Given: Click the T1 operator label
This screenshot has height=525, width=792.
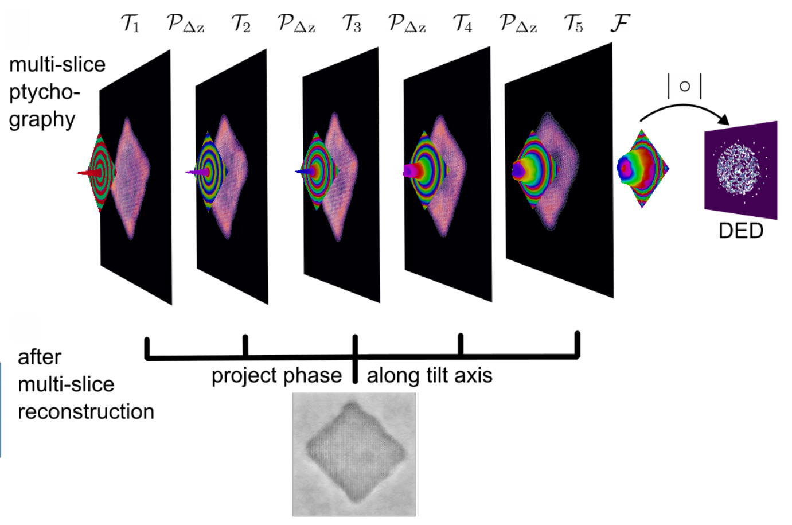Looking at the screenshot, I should pos(130,24).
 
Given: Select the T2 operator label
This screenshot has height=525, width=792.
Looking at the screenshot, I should pos(241,24).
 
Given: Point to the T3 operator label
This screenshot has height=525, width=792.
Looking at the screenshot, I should pos(352,24).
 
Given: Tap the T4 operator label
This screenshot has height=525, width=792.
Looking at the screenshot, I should pos(462,24).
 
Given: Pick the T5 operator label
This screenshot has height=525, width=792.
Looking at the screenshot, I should pos(573,24).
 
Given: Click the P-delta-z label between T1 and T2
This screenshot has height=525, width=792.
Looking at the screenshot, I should pos(185,24).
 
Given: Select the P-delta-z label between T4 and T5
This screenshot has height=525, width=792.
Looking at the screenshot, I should pos(518,24).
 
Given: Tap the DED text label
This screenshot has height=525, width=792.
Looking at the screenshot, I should pos(740,231).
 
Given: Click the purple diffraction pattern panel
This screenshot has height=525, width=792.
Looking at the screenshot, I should pos(740,169).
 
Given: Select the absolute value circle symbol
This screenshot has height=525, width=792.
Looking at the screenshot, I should pos(684,87).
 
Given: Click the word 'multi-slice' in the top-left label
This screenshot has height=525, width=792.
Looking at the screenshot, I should pos(57,64).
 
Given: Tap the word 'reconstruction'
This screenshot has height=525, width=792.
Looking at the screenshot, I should pos(86,411).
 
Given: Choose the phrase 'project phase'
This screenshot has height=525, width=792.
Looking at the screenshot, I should pos(276,375).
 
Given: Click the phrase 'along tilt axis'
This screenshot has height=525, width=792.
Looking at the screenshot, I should pos(430,375).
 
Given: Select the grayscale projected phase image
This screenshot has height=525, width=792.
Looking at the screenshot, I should pos(354,454).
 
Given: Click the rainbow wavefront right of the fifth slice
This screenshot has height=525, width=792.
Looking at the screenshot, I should pos(642,168).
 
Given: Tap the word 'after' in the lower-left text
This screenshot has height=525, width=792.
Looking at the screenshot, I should pos(39,357).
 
